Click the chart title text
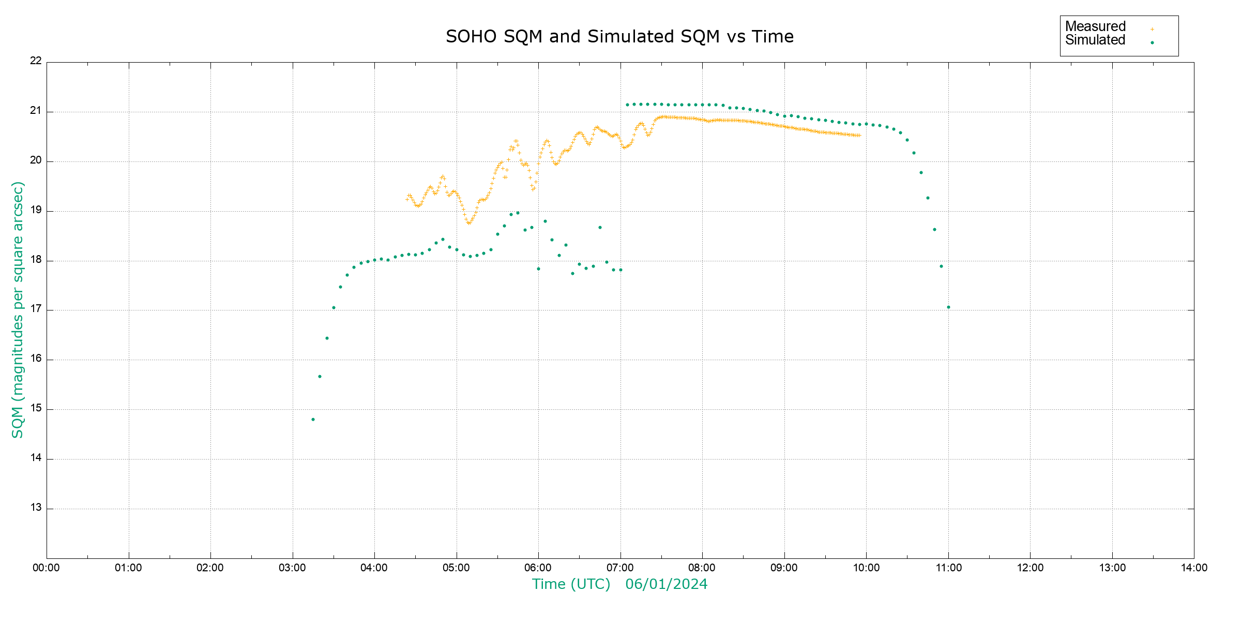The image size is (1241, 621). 619,37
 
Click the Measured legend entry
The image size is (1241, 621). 1095,26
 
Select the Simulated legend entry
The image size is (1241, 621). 1095,40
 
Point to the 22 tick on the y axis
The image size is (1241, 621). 36,61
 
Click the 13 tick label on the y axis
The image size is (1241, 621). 36,508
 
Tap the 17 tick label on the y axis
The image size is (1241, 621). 36,309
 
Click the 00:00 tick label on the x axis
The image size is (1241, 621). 46,568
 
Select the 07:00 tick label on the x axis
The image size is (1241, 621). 620,568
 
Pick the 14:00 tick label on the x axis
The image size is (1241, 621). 1194,568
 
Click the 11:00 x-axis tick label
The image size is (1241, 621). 948,568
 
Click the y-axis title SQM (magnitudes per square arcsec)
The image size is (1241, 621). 18,309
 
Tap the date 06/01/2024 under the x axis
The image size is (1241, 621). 666,584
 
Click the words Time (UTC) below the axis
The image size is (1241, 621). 571,584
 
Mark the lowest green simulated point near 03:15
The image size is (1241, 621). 313,419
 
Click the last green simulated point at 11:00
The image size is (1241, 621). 948,307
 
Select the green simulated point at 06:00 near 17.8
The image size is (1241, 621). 538,269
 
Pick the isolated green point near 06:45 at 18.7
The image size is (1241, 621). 600,227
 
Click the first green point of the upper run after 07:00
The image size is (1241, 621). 627,105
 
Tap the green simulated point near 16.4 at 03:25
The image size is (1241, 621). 327,338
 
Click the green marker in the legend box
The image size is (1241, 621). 1152,42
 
